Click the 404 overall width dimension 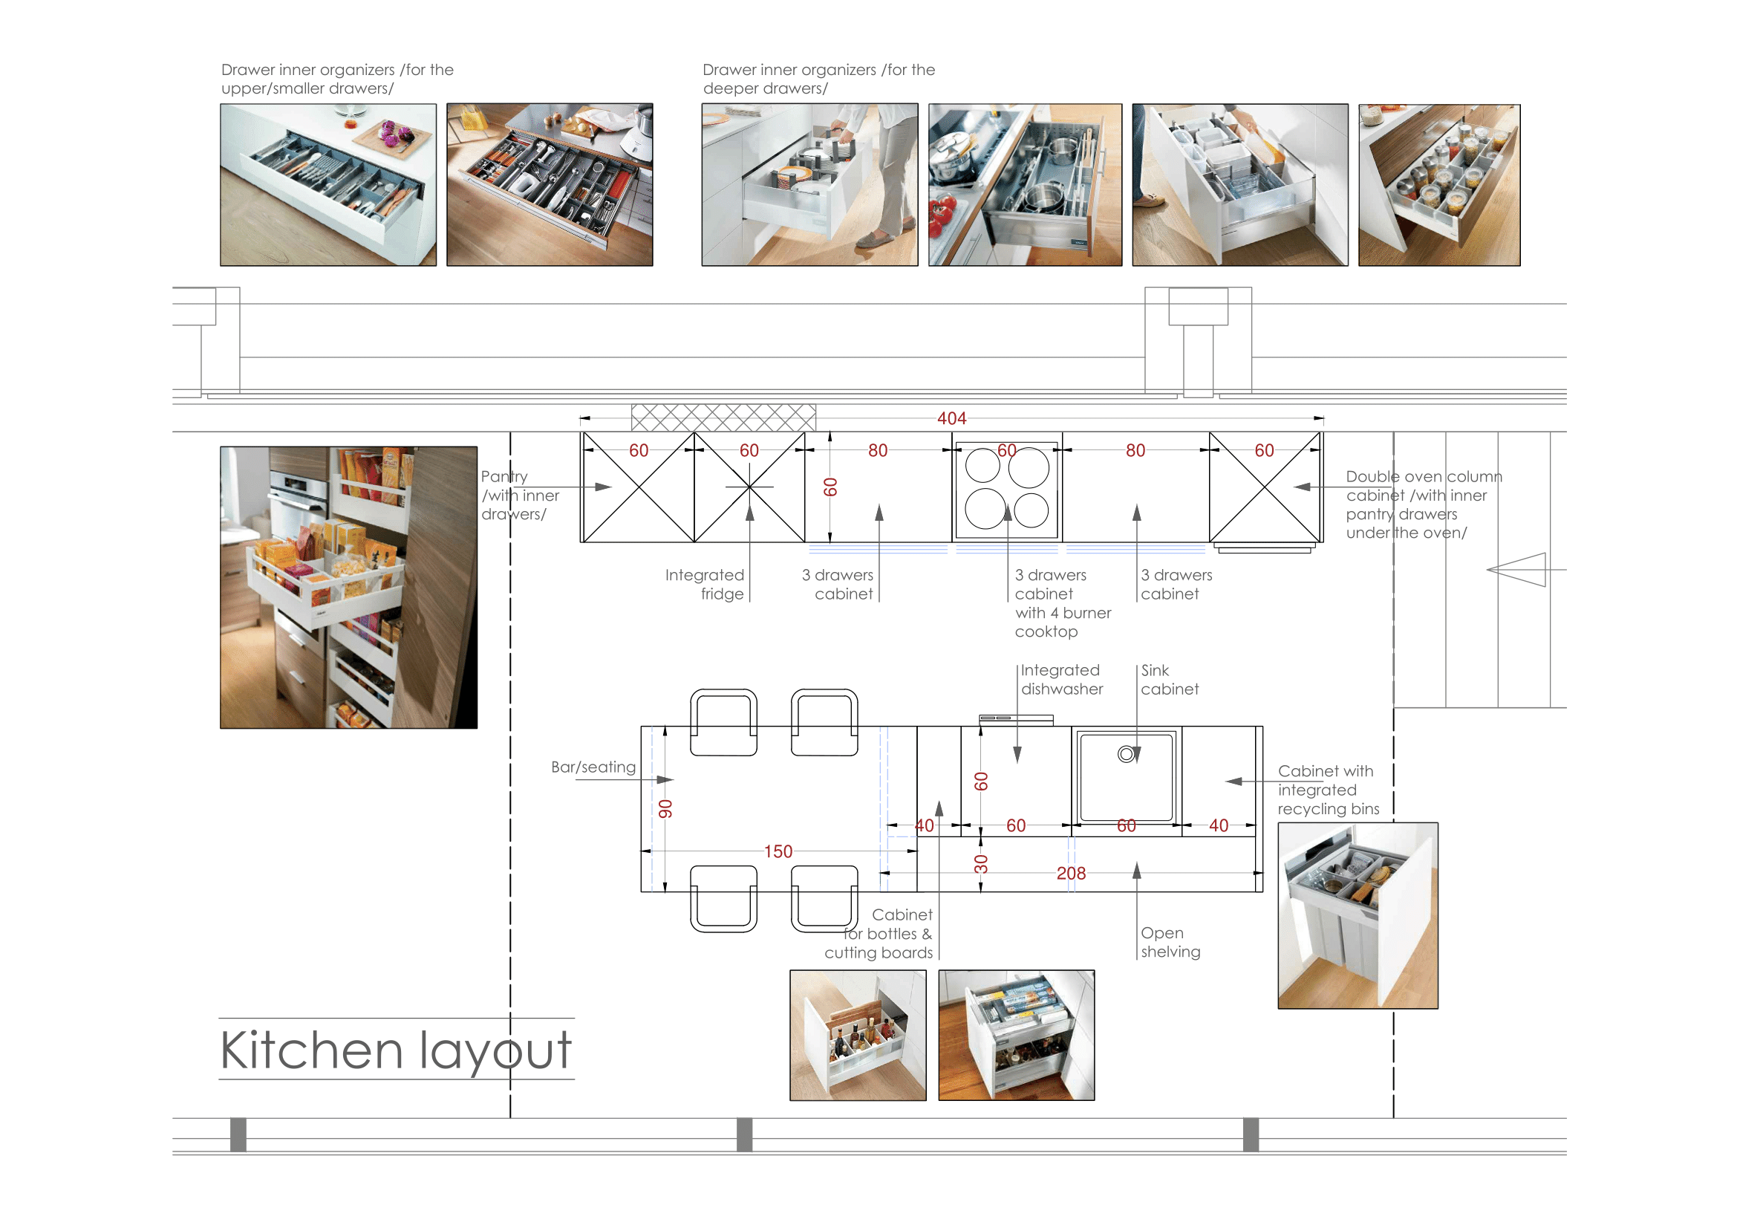[x=951, y=418]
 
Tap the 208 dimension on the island [x=1071, y=873]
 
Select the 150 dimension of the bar [x=778, y=851]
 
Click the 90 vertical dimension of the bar [x=665, y=809]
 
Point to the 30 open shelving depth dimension [x=981, y=864]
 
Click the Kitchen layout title [x=396, y=1051]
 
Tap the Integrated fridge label [x=704, y=584]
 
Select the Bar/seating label [x=593, y=767]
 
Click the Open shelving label [x=1170, y=942]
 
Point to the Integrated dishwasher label [x=1061, y=680]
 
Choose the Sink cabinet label [x=1170, y=680]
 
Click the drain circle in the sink [x=1127, y=753]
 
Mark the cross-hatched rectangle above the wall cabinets [x=723, y=418]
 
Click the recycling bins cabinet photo [x=1358, y=915]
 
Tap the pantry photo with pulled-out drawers [x=348, y=587]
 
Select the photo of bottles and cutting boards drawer [x=857, y=1035]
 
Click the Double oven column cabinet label [x=1424, y=504]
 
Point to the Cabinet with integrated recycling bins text [x=1329, y=790]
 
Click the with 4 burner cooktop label [x=1062, y=622]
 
